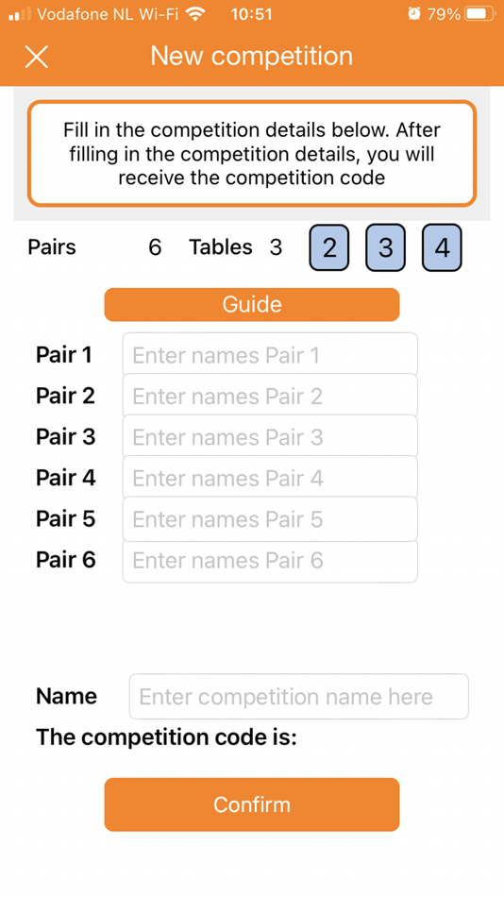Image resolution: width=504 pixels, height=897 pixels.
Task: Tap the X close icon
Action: point(37,57)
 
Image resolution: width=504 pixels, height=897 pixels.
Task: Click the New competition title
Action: point(252,56)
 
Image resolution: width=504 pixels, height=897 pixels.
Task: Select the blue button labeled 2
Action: point(329,247)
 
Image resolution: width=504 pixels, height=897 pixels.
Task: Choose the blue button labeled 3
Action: point(386,247)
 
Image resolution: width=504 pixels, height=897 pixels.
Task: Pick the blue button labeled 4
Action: point(442,247)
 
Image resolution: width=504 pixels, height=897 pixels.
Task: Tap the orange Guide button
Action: point(252,304)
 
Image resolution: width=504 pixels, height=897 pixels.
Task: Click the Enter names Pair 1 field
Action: point(270,355)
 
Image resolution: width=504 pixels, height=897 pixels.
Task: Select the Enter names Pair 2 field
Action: point(270,396)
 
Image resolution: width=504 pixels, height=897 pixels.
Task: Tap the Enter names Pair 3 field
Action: point(270,437)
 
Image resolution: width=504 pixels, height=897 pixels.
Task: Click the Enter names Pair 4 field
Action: point(270,478)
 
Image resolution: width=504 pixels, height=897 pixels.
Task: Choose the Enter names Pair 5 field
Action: point(270,519)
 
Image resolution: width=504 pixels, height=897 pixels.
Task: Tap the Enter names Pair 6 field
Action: point(270,561)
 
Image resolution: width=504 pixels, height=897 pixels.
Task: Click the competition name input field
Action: point(298,696)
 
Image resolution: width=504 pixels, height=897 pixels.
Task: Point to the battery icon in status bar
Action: point(479,14)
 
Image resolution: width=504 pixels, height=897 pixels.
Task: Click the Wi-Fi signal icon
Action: point(195,13)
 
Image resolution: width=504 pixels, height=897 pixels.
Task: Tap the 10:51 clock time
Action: point(252,14)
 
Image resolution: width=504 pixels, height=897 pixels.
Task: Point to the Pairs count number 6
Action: point(155,247)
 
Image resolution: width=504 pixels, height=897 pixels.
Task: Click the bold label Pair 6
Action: point(66,560)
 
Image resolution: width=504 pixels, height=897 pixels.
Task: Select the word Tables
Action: point(221,247)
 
